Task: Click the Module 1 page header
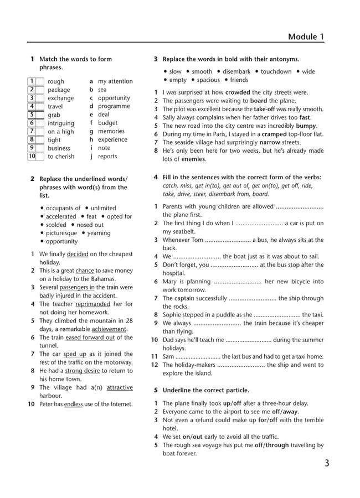pos(306,37)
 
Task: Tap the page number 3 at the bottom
pos(327,464)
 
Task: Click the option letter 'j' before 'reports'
pos(90,157)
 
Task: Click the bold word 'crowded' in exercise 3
pos(239,92)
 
